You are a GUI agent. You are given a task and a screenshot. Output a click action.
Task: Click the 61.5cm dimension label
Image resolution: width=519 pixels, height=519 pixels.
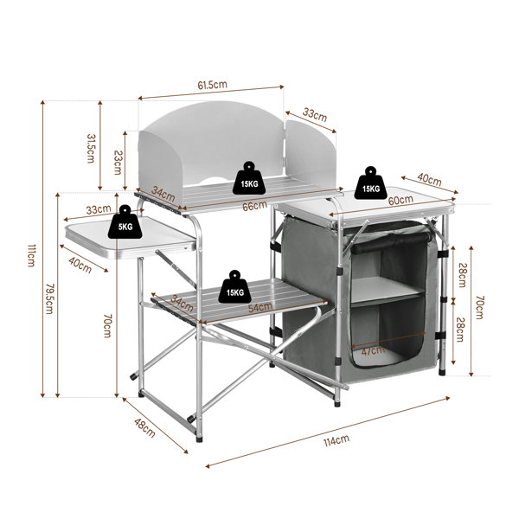pos(212,85)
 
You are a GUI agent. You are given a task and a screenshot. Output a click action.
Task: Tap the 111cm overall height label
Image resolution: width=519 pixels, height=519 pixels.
pos(31,255)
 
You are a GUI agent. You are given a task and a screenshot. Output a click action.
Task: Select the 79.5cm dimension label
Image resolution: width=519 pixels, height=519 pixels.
pos(49,298)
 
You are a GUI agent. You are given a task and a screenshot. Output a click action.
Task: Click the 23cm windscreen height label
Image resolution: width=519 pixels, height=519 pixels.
pos(118,163)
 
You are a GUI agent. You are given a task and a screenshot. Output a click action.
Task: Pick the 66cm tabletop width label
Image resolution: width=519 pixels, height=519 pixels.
pos(254,206)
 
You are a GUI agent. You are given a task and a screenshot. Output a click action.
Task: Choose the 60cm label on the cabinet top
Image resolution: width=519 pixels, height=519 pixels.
pos(400,200)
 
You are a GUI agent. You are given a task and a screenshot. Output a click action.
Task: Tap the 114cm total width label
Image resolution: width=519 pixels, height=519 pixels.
pos(336,440)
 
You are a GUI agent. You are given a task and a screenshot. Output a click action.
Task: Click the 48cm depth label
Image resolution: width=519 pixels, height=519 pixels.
pos(144,427)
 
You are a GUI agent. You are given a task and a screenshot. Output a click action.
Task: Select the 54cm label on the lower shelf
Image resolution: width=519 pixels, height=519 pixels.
pos(260,307)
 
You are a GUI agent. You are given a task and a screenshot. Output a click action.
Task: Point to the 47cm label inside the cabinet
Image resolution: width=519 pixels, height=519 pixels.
pos(373,350)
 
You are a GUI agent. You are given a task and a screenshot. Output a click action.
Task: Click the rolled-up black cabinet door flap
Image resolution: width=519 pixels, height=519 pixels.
pos(391,242)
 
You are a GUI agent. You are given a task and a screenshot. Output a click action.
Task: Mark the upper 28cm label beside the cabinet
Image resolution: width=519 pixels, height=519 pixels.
pos(463,274)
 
